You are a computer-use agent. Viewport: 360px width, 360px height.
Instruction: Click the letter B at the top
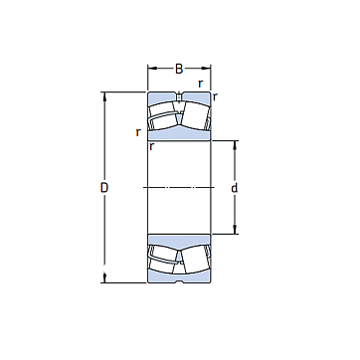(179, 69)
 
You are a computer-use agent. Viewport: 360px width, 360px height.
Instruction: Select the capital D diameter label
(104, 188)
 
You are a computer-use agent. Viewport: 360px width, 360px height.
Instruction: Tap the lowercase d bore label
(235, 188)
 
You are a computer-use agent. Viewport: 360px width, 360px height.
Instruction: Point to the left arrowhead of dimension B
(152, 69)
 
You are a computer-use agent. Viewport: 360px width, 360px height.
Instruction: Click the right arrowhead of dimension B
(206, 69)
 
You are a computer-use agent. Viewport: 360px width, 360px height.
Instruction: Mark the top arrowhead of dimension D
(104, 96)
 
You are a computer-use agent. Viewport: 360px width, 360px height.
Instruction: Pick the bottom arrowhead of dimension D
(104, 278)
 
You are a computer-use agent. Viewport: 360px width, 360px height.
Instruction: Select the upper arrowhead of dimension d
(235, 145)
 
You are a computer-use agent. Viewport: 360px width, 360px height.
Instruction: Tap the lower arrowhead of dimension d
(235, 230)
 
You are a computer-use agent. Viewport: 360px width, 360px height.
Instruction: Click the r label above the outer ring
(200, 84)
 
